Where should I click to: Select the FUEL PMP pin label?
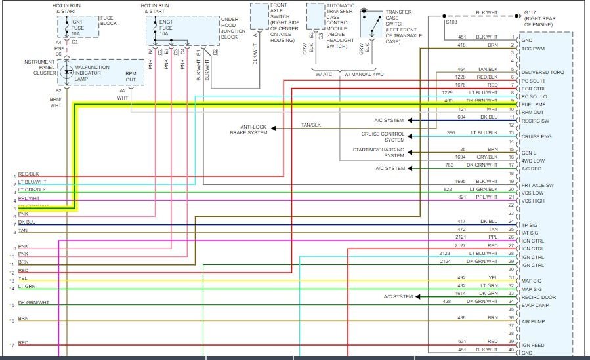[535, 104]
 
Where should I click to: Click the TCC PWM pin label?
[534, 49]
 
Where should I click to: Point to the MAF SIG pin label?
[532, 281]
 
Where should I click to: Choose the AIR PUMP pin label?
[534, 322]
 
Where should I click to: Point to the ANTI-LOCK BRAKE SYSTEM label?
[249, 130]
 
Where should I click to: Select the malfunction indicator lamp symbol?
[67, 71]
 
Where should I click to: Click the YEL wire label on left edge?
[22, 278]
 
